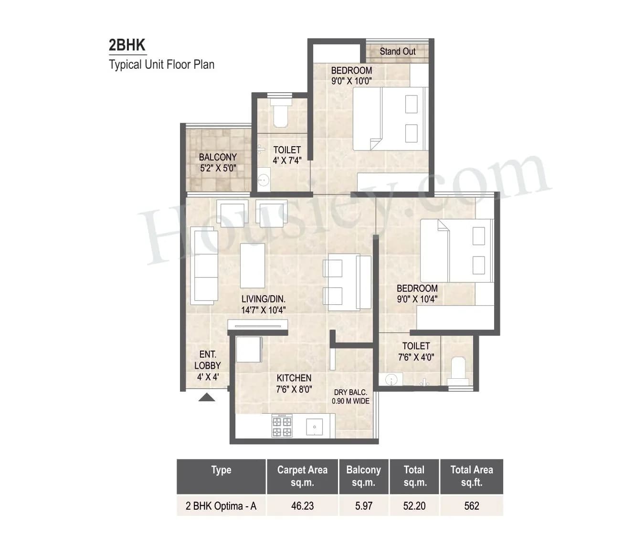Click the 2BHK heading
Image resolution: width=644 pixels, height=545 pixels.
[127, 45]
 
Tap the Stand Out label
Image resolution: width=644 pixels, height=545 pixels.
[397, 52]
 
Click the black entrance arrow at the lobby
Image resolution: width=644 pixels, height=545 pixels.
[206, 397]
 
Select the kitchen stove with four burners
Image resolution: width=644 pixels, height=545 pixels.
[282, 426]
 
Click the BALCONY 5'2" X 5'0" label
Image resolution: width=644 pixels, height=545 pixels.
[218, 162]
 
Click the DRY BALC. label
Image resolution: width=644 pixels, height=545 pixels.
[350, 396]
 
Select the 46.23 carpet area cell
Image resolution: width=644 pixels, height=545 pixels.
[302, 506]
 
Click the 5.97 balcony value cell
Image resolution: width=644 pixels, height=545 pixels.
[364, 506]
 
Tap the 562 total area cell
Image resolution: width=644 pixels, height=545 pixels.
[471, 506]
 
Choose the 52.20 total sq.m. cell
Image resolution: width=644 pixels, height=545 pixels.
[414, 506]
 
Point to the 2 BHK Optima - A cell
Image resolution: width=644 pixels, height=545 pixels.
[221, 506]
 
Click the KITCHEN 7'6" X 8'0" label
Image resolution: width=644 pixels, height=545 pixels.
[294, 384]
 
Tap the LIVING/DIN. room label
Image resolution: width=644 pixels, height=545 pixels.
[263, 304]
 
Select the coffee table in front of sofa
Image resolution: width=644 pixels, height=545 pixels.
[252, 266]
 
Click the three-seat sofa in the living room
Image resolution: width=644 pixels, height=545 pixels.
[204, 266]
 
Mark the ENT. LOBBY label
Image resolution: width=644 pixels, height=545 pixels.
[208, 365]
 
